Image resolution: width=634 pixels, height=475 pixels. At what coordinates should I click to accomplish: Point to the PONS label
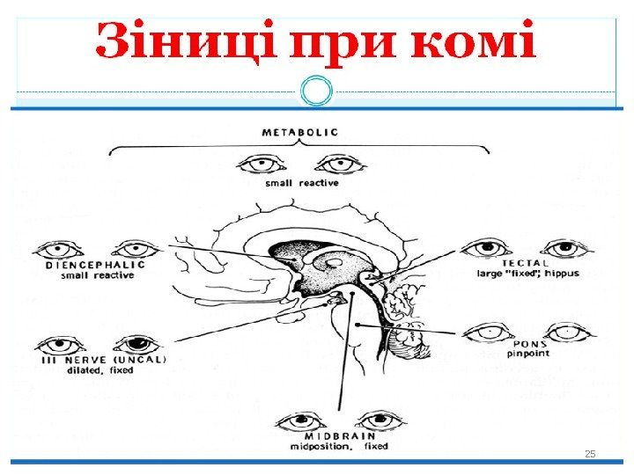coord(526,345)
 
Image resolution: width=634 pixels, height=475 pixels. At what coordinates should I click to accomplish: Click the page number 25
coord(590,454)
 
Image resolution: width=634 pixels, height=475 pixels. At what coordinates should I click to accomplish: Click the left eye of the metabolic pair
coord(262,164)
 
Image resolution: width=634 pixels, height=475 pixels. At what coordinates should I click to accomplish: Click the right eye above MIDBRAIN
coord(380,419)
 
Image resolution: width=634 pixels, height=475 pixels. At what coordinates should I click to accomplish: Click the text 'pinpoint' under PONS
coord(527,355)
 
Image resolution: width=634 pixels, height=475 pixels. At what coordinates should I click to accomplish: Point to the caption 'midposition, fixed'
coord(339,447)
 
